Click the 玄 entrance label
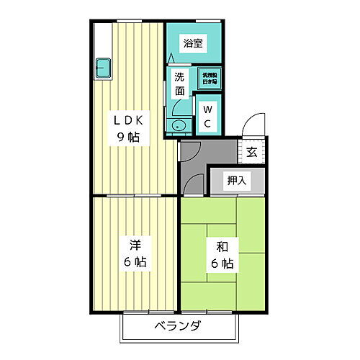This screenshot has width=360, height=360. click(x=252, y=151)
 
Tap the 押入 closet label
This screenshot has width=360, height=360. click(x=237, y=180)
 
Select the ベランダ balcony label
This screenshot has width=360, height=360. click(x=177, y=326)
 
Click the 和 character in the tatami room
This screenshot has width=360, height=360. click(x=223, y=246)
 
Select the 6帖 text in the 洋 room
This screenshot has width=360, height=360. click(x=134, y=262)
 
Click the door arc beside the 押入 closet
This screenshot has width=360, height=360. click(x=193, y=184)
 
